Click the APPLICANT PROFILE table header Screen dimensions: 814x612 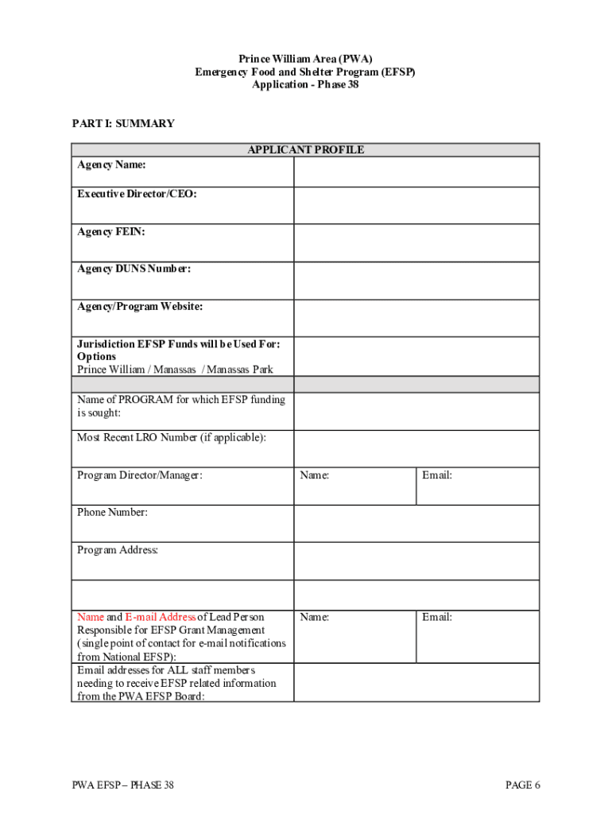tap(305, 149)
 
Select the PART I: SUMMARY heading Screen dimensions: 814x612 tap(123, 123)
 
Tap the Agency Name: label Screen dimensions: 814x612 tap(111, 165)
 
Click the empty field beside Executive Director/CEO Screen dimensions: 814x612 tap(416, 205)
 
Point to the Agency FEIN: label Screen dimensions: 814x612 tap(110, 231)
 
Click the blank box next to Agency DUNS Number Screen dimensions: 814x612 tap(416, 281)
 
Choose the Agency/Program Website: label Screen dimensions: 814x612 tap(140, 306)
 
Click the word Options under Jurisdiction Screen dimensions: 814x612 tap(96, 356)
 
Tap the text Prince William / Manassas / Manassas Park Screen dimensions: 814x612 tap(175, 369)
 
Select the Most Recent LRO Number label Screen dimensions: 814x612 tap(171, 437)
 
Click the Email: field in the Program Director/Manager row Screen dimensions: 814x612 tap(478, 486)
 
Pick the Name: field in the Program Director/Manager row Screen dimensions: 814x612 tap(354, 486)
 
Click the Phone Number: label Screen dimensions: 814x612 tap(112, 512)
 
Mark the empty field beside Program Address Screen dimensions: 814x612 tap(416, 561)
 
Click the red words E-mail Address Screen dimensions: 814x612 tap(161, 617)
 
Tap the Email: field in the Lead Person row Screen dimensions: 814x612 tap(478, 636)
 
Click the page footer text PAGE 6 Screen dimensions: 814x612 tap(523, 785)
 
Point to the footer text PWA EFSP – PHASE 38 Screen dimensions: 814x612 tap(123, 785)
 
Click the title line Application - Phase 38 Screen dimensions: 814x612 tap(305, 84)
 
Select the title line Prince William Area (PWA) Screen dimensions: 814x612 tap(305, 59)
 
